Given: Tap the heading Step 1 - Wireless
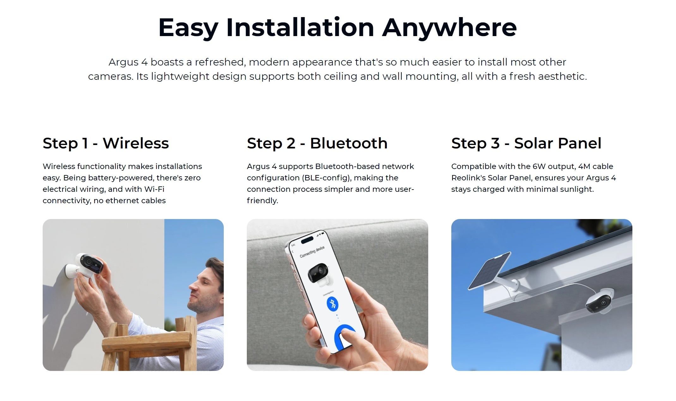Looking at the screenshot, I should [106, 143].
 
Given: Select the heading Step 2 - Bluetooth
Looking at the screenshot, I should [317, 143].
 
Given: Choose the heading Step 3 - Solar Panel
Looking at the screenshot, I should [526, 143].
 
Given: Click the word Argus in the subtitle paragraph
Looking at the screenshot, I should [123, 62].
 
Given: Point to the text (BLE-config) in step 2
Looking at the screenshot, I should [326, 178].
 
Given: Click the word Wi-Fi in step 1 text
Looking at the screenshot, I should [154, 189].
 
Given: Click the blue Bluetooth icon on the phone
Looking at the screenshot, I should [332, 304].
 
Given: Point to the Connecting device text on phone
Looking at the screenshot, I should [312, 252].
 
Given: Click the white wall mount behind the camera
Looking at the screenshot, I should [72, 272].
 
